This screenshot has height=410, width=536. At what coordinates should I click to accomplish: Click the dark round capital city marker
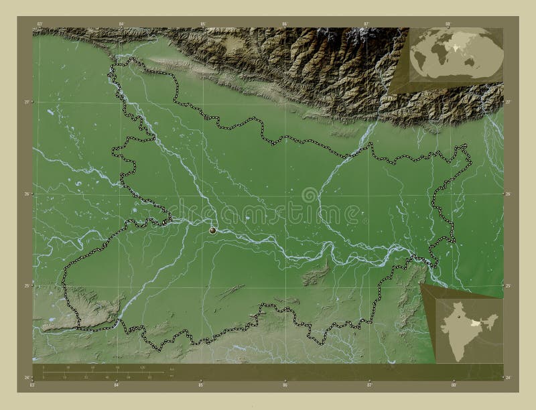[213, 230]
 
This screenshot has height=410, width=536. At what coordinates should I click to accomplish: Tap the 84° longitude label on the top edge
[121, 24]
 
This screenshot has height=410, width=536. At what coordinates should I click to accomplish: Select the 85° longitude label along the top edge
[202, 24]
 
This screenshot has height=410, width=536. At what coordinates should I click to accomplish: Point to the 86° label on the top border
[284, 24]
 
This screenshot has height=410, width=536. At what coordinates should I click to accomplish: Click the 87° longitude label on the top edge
[366, 24]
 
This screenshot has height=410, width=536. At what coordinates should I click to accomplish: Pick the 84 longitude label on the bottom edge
[116, 385]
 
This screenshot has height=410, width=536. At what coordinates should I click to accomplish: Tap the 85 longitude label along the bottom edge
[200, 385]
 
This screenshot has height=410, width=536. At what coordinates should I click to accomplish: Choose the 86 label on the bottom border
[285, 385]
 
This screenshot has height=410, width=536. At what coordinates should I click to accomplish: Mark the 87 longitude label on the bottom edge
[369, 385]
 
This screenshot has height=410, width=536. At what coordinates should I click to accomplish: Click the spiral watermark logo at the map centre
[310, 195]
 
